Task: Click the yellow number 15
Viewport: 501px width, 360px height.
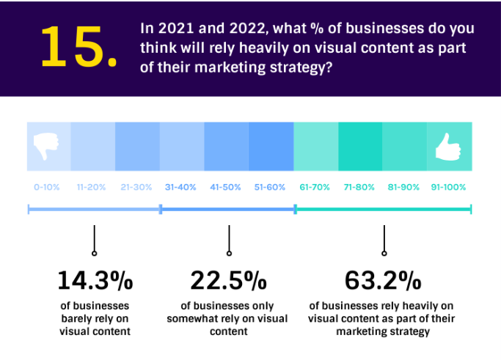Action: pyautogui.click(x=77, y=48)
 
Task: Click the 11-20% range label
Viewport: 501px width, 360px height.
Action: pyautogui.click(x=92, y=187)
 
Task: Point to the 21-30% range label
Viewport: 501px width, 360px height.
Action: pyautogui.click(x=136, y=187)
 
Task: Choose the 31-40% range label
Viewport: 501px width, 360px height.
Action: pyautogui.click(x=181, y=187)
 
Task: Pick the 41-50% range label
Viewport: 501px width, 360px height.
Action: pyautogui.click(x=226, y=187)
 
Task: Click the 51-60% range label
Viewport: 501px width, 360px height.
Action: pyautogui.click(x=270, y=187)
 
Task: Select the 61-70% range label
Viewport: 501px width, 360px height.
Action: pyautogui.click(x=315, y=187)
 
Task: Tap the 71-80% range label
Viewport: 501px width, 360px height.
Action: pyautogui.click(x=359, y=187)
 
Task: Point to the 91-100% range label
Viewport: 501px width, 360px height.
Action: pyautogui.click(x=448, y=187)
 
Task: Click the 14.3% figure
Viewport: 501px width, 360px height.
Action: pyautogui.click(x=95, y=280)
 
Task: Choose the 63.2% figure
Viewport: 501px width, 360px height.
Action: pyautogui.click(x=383, y=280)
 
